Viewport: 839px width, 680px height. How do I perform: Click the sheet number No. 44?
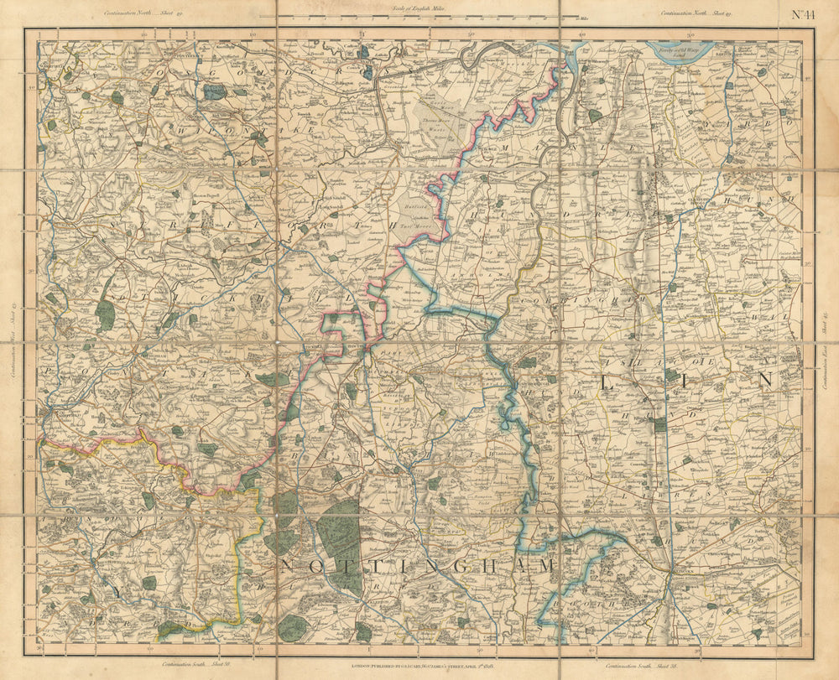click(x=805, y=13)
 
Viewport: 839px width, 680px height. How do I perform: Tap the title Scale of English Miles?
click(x=420, y=8)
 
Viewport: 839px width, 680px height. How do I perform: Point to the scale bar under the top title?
click(x=419, y=16)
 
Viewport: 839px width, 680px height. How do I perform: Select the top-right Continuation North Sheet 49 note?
click(x=696, y=13)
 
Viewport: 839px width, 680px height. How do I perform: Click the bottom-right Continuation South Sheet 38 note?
click(x=633, y=662)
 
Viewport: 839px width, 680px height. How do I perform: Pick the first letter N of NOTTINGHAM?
click(x=286, y=567)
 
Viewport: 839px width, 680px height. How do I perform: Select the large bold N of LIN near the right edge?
click(x=764, y=379)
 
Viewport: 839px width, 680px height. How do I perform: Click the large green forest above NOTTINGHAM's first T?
click(x=338, y=532)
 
